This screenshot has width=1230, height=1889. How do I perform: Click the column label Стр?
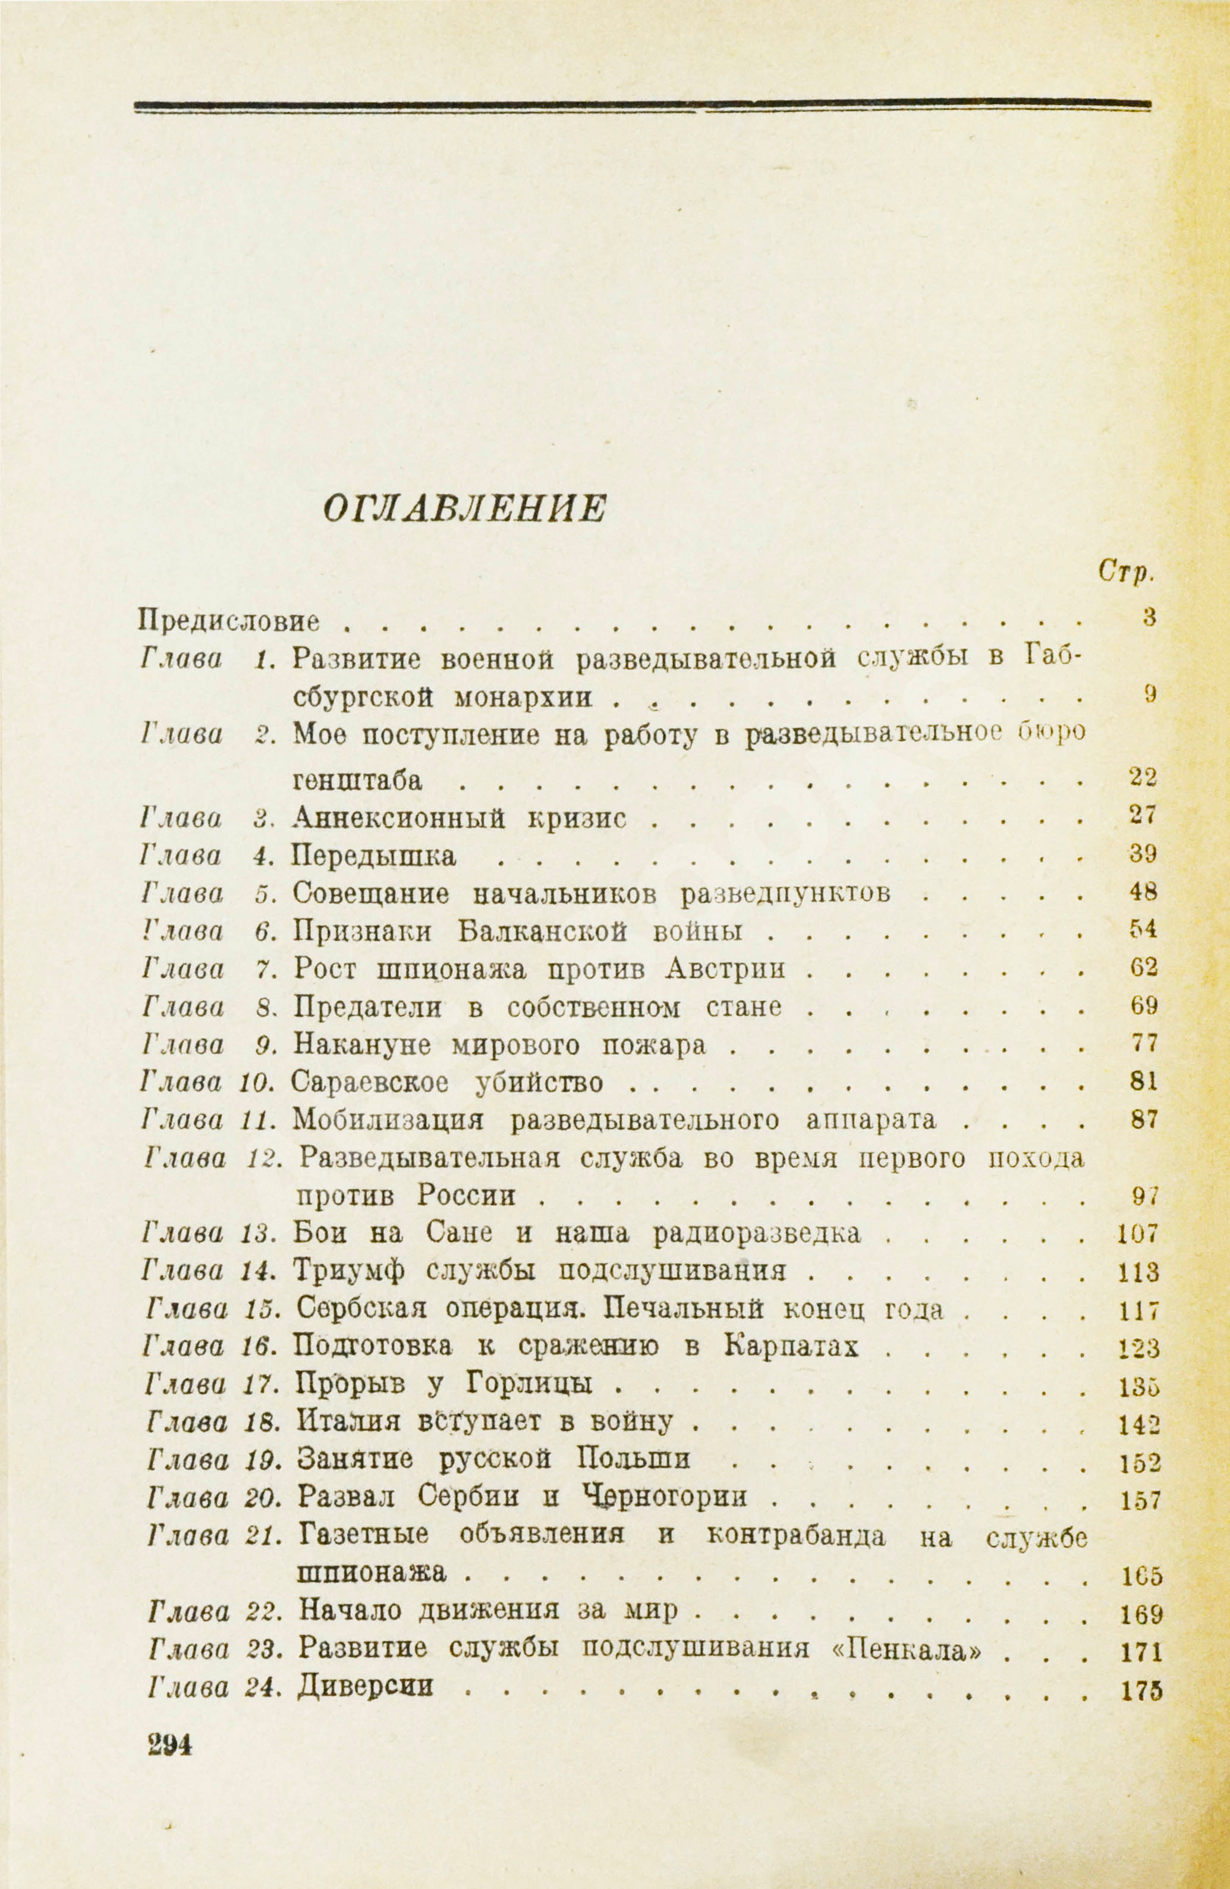pos(1126,571)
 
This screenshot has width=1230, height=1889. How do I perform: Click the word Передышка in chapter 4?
pos(375,856)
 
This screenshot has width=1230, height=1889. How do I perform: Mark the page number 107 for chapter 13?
pos(1138,1233)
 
